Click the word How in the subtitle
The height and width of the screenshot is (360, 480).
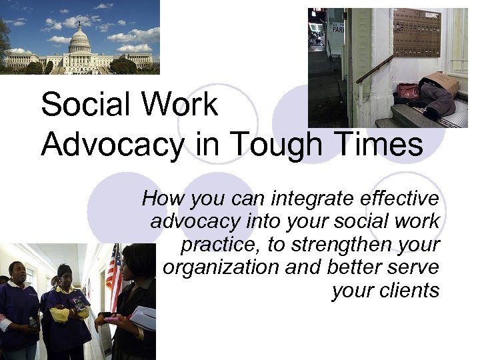coord(160,199)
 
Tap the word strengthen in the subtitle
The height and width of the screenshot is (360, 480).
coord(339,245)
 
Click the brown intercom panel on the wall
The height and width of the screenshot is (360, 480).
coord(417,33)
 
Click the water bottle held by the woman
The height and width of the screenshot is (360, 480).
coord(33,323)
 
